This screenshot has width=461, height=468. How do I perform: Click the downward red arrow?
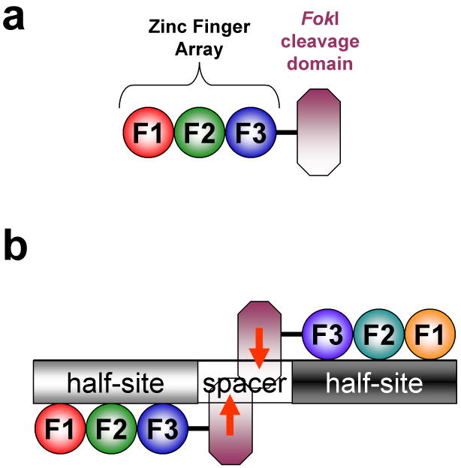click(x=258, y=347)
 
